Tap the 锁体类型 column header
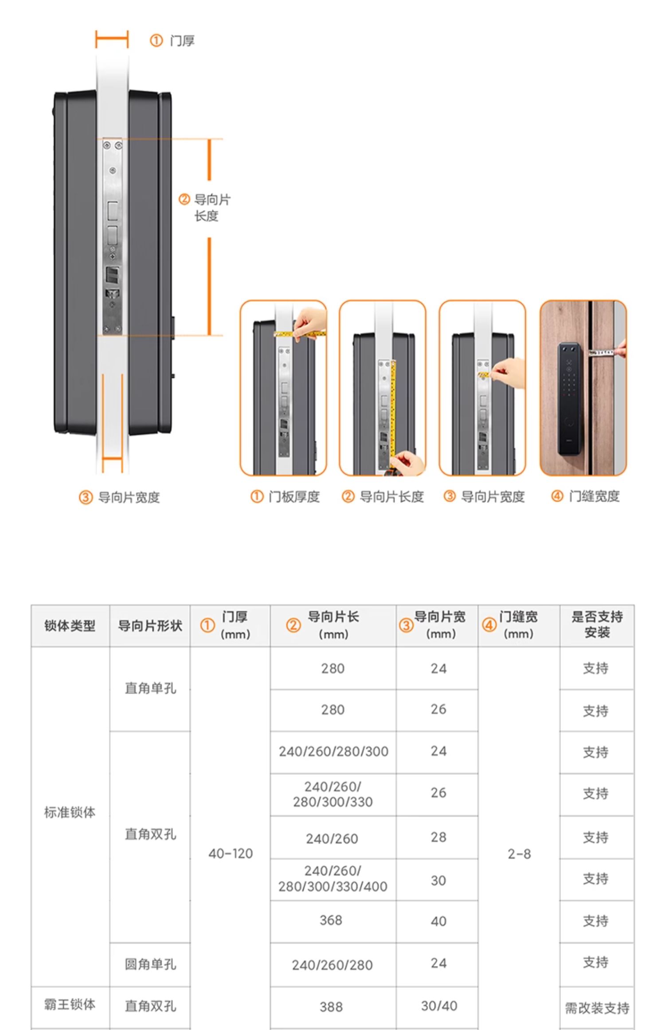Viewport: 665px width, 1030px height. (70, 625)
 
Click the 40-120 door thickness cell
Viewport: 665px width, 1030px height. (231, 853)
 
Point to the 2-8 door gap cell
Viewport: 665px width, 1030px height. (519, 854)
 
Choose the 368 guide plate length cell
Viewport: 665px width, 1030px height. (331, 920)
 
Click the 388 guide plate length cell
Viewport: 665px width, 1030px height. (331, 1007)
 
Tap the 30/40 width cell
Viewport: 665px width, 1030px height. (439, 1006)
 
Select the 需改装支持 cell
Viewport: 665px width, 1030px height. (597, 1008)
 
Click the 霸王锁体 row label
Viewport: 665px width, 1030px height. (70, 1004)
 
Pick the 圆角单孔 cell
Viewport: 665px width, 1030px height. (150, 964)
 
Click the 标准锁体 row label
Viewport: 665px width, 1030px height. (70, 812)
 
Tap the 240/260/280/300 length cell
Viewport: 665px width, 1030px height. (333, 751)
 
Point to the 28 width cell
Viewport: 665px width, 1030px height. (438, 837)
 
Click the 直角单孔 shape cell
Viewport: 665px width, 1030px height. (150, 688)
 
